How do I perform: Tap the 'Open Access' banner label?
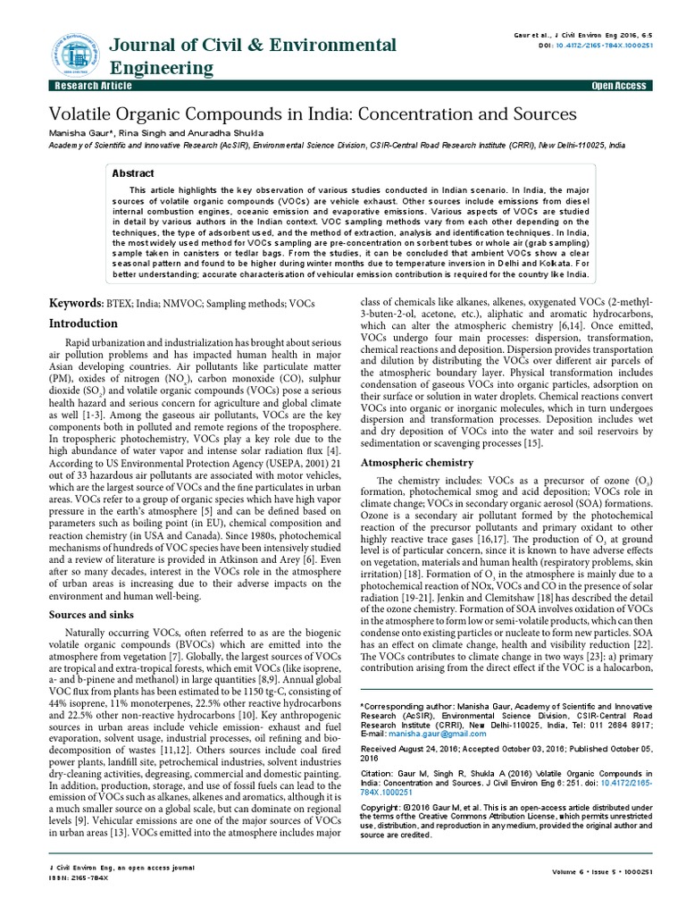[618, 86]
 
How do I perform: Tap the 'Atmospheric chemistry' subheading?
[416, 462]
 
